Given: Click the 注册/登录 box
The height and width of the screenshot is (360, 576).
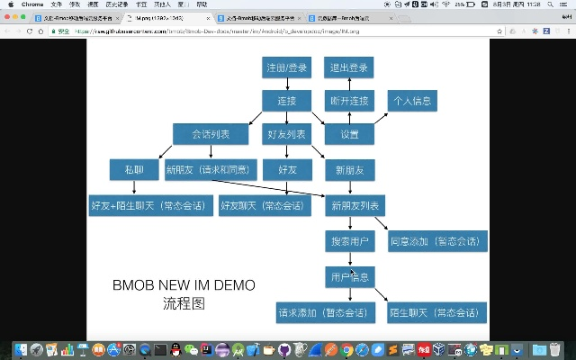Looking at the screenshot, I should [287, 67].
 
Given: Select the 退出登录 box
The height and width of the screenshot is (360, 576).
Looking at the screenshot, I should [348, 67].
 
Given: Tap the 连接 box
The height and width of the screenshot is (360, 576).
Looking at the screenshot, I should [287, 100].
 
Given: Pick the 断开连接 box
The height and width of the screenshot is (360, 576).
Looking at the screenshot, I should [348, 100].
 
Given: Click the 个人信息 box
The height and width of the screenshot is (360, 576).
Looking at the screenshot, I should [412, 100].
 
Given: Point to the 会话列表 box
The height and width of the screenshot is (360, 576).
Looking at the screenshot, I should [210, 134].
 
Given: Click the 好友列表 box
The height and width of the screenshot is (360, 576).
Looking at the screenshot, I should [287, 134].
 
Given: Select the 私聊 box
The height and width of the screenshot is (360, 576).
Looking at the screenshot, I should [133, 169].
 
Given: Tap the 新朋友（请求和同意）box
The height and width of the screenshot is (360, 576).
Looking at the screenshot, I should [210, 169].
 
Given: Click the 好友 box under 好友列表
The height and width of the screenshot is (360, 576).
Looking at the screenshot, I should [287, 169].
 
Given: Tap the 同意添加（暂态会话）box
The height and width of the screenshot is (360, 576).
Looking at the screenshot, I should [436, 241].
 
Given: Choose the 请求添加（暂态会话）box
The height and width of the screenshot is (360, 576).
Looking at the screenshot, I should [325, 312].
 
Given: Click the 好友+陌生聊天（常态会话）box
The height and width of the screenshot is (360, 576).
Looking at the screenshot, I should [151, 205].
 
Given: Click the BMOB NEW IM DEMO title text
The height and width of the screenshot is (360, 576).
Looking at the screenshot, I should [184, 285].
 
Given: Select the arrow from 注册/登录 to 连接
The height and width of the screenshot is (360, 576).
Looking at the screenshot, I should [287, 84].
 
